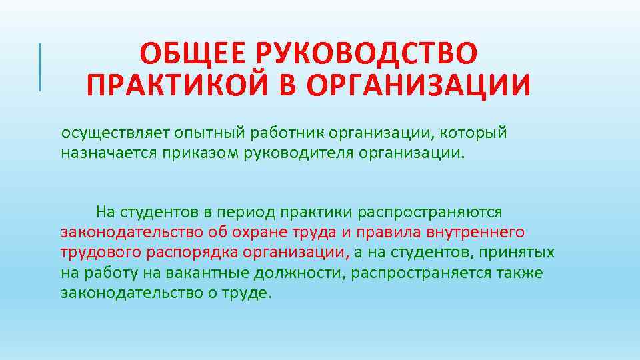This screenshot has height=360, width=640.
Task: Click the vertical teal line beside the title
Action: click(x=41, y=66)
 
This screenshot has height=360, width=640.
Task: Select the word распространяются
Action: click(x=430, y=213)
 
